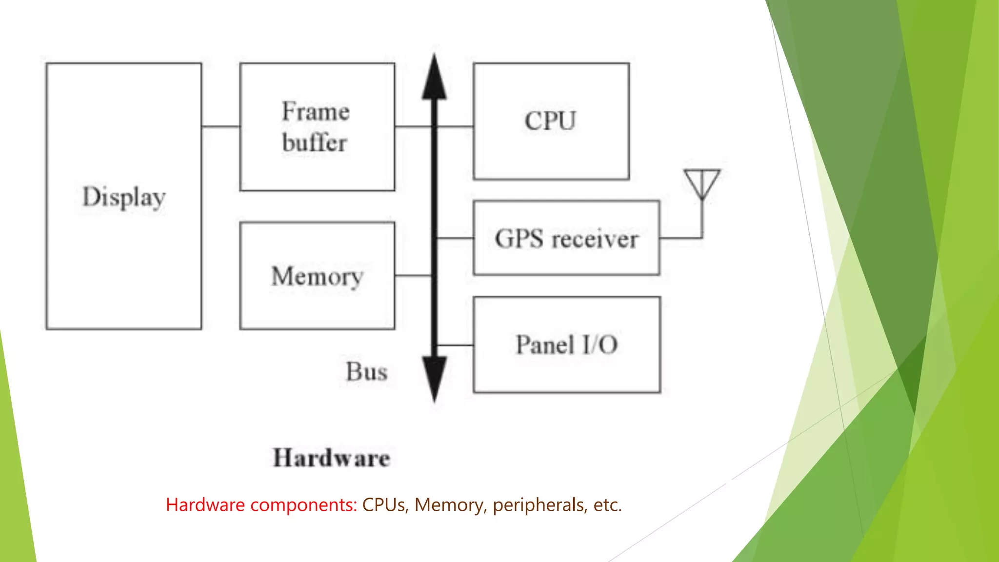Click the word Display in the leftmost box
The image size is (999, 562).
pyautogui.click(x=124, y=197)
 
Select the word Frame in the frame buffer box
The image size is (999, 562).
pyautogui.click(x=316, y=112)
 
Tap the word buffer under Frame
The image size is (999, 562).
pyautogui.click(x=315, y=143)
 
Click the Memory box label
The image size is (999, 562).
pyautogui.click(x=317, y=277)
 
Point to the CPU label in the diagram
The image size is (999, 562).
pyautogui.click(x=550, y=121)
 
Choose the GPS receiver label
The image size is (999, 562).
pyautogui.click(x=566, y=239)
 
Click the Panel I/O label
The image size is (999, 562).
pyautogui.click(x=567, y=345)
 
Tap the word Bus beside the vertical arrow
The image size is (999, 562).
pyautogui.click(x=367, y=372)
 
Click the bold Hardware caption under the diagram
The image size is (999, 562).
pyautogui.click(x=332, y=458)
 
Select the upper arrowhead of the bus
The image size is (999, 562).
pyautogui.click(x=434, y=78)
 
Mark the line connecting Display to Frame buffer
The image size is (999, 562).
pyautogui.click(x=220, y=126)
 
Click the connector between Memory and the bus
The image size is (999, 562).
pyautogui.click(x=413, y=276)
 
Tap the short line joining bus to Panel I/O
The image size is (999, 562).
pyautogui.click(x=455, y=345)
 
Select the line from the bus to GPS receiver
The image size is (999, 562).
pyautogui.click(x=455, y=238)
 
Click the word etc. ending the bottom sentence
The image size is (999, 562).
pyautogui.click(x=607, y=505)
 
